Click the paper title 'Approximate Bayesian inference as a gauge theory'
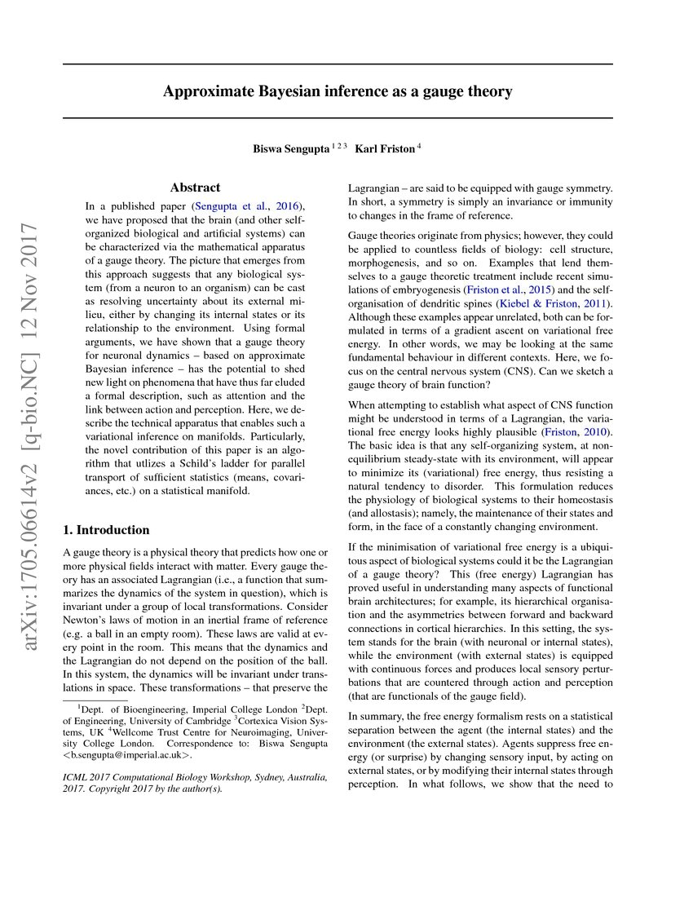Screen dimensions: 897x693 (338, 91)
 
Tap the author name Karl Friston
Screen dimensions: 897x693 (384, 148)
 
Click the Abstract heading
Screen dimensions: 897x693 (195, 188)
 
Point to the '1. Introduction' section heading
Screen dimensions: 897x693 (107, 529)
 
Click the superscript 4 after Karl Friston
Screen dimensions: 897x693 (419, 146)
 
